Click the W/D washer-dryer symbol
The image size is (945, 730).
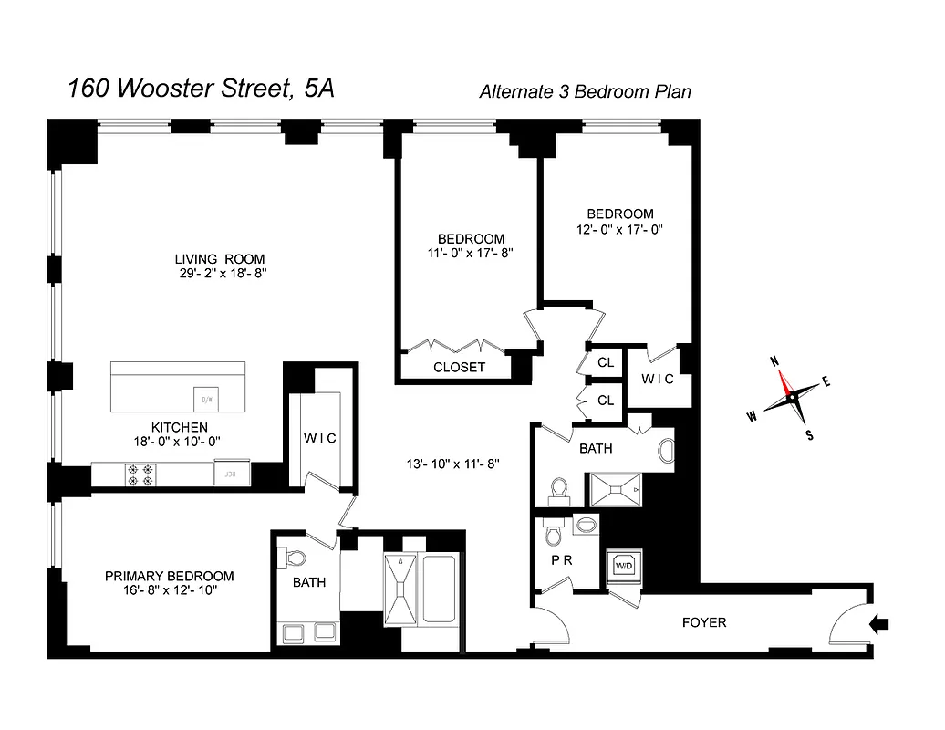coord(624,566)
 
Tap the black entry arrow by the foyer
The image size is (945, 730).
coord(880,624)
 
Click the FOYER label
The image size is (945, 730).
coord(704,623)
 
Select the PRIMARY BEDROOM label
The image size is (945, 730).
coord(169,576)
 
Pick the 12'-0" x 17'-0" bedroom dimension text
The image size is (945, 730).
coord(619,230)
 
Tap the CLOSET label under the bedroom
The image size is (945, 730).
coord(459,367)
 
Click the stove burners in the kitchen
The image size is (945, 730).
coord(141,473)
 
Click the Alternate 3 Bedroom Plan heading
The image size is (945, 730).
coord(586,91)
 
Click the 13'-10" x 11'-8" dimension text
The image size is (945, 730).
coord(453,464)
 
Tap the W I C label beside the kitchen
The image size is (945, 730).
coord(319,438)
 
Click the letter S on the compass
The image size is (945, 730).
coord(808,434)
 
